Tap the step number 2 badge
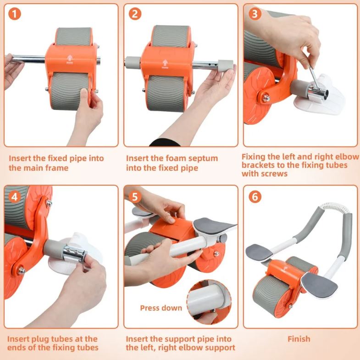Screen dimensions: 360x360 (x=134, y=14)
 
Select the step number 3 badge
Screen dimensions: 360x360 (x=254, y=14)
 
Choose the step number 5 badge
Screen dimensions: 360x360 (x=134, y=196)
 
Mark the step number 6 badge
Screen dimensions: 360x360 (x=254, y=196)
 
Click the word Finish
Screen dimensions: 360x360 (x=299, y=339)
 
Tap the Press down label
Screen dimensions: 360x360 (x=161, y=308)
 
